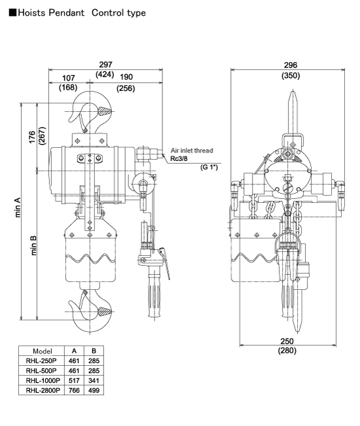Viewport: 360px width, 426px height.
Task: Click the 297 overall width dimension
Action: tap(105, 65)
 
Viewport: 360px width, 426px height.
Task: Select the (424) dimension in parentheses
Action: tap(105, 75)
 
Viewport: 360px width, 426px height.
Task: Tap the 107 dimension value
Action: tap(68, 79)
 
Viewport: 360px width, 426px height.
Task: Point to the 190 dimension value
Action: tap(126, 77)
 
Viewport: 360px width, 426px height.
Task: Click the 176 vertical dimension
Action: tap(32, 137)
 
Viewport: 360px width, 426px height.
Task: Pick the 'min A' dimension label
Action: tap(18, 207)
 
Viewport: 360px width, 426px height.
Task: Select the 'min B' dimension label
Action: tap(33, 245)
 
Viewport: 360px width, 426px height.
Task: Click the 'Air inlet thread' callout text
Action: tap(192, 151)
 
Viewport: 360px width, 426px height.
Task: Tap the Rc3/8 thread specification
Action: tap(179, 158)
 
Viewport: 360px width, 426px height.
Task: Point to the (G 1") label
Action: tap(209, 167)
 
